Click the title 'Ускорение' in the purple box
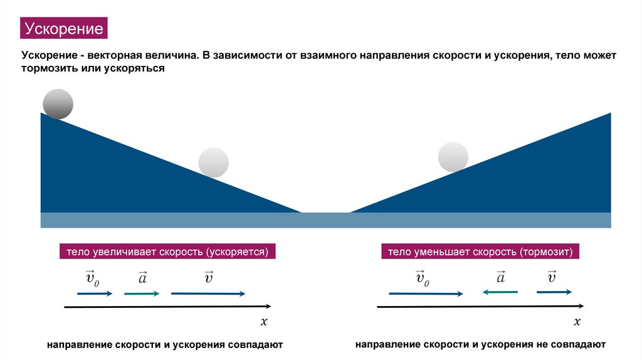coord(63,29)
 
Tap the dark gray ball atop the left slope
coord(58,104)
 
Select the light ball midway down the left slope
coord(213,162)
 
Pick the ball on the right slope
coord(453,157)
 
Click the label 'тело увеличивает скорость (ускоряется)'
coord(167,252)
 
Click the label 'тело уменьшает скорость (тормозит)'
coord(480,252)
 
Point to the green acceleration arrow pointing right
coord(142,294)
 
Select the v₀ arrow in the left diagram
coord(95,294)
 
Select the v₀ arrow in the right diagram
coord(426,293)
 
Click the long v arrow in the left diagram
coord(208,294)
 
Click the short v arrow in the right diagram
coord(554,292)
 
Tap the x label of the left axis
coord(264,322)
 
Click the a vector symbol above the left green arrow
coord(142,277)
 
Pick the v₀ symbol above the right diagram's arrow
coord(423,277)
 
